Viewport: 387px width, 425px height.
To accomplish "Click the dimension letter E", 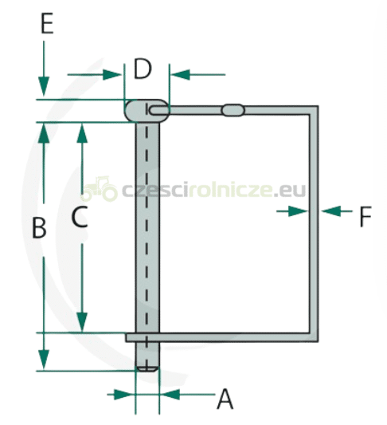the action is (x=47, y=24).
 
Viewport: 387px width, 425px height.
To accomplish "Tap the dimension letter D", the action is (x=143, y=69).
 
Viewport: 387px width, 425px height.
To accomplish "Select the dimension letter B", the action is (x=39, y=228).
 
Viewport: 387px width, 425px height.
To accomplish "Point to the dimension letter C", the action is (x=80, y=216).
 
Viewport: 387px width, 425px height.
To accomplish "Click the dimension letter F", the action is (x=365, y=216).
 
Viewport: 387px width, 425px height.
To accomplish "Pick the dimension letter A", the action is (x=225, y=399).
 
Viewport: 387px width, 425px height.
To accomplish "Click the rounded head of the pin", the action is (x=147, y=111).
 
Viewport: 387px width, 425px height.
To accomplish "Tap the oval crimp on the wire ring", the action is (x=233, y=110).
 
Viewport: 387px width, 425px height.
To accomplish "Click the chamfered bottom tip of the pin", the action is (x=147, y=368).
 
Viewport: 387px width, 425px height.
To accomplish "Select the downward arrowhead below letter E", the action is (x=44, y=86).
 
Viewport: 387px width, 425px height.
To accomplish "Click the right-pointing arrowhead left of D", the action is (x=112, y=74).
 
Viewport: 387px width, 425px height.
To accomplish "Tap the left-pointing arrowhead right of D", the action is (x=181, y=74).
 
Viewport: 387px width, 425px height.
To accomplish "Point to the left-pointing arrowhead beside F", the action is (x=330, y=211).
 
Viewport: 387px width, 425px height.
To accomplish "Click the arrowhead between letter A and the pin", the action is (x=170, y=395).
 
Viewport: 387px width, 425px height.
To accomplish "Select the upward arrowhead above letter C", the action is (x=82, y=133).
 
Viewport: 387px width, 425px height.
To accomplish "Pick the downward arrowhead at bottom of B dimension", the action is (x=44, y=360).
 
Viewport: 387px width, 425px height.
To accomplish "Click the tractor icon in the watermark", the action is (x=100, y=189).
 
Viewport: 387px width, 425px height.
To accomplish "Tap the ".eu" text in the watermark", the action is (x=289, y=191).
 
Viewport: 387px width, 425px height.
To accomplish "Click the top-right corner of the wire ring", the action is (x=318, y=106).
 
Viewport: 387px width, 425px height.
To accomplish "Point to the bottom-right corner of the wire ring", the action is (x=318, y=341).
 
